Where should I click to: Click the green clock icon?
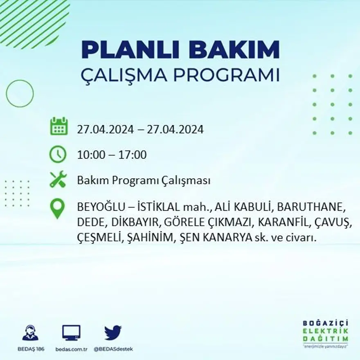[x=58, y=154]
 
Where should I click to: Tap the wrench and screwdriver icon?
[x=58, y=179]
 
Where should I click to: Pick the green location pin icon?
[x=57, y=208]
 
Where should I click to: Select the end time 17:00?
[x=133, y=155]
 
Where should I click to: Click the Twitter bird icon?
[x=113, y=332]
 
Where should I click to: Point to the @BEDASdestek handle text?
[x=113, y=349]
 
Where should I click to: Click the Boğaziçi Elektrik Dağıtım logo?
[x=326, y=333]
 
